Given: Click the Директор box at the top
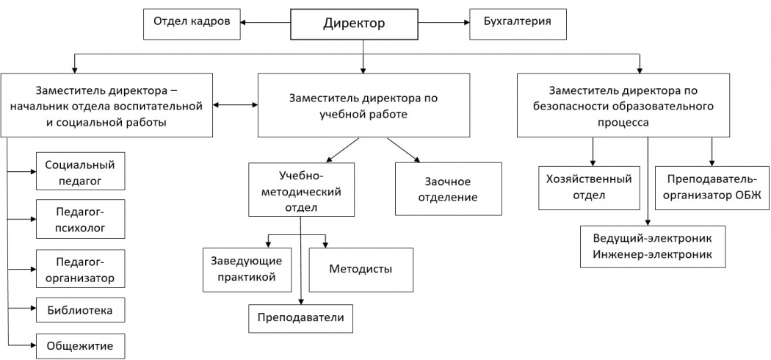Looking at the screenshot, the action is point(354,24).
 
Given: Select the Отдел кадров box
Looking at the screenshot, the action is point(192,24).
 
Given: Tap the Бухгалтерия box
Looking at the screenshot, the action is point(517,24).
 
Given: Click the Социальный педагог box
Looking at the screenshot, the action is point(80,171).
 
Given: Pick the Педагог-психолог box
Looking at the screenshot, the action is point(80,219).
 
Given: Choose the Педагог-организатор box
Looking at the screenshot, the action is point(80,268).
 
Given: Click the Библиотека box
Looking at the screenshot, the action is point(80,311).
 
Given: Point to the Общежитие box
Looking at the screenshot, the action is point(80,346).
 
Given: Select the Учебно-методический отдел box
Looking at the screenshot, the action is point(301,190).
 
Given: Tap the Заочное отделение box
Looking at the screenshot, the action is point(449,189).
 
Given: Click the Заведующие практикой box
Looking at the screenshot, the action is point(243,269).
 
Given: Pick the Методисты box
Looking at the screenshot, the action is point(361,270).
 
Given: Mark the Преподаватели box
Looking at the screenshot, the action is point(301,317).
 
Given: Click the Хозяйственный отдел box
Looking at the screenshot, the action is point(589,188).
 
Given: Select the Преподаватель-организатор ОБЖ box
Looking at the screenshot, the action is point(712,188).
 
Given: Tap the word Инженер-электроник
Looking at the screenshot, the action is point(653,255).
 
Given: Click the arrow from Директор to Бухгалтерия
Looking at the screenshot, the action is point(444,22).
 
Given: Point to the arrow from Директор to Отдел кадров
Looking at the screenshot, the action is point(266,22).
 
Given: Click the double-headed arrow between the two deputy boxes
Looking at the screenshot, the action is point(236,105).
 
